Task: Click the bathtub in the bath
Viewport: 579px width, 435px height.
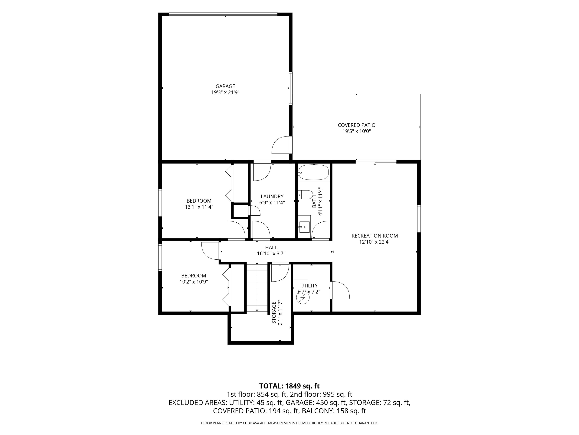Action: tap(313, 172)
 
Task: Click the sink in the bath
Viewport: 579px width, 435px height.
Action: tap(304, 227)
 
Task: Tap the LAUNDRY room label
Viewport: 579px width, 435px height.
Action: tap(272, 196)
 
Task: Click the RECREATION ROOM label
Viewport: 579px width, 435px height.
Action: tap(375, 236)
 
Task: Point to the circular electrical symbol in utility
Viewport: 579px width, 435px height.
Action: tap(303, 297)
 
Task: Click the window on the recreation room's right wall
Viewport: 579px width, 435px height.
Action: tap(419, 219)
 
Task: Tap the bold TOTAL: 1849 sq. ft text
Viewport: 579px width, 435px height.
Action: tap(289, 386)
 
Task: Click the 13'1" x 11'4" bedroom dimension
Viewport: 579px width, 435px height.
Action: tap(199, 207)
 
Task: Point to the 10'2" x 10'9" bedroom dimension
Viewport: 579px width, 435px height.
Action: tap(194, 282)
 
